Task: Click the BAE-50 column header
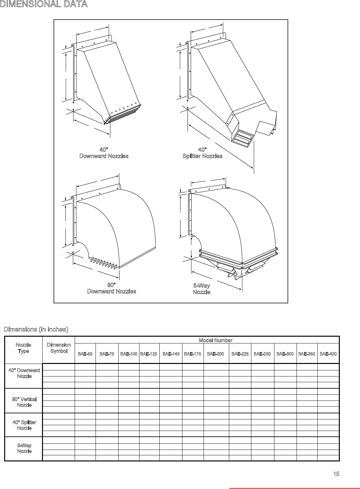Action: [85, 354]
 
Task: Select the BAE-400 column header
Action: [328, 354]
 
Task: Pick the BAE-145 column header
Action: [171, 354]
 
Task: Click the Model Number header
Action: [215, 340]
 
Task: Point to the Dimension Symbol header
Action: [59, 348]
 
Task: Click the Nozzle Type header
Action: [23, 348]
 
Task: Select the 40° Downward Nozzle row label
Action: [24, 373]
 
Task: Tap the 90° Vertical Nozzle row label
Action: [24, 402]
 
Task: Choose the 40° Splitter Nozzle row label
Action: [24, 425]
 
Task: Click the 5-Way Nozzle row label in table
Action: [24, 448]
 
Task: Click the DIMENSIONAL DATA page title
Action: [44, 4]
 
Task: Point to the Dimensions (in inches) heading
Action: [36, 329]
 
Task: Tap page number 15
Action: [336, 474]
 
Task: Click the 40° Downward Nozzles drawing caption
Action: [104, 153]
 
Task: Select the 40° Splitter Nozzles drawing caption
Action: [202, 153]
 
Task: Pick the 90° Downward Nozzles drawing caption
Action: [112, 288]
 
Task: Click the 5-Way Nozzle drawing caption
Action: [202, 289]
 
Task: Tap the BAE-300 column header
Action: [285, 354]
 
